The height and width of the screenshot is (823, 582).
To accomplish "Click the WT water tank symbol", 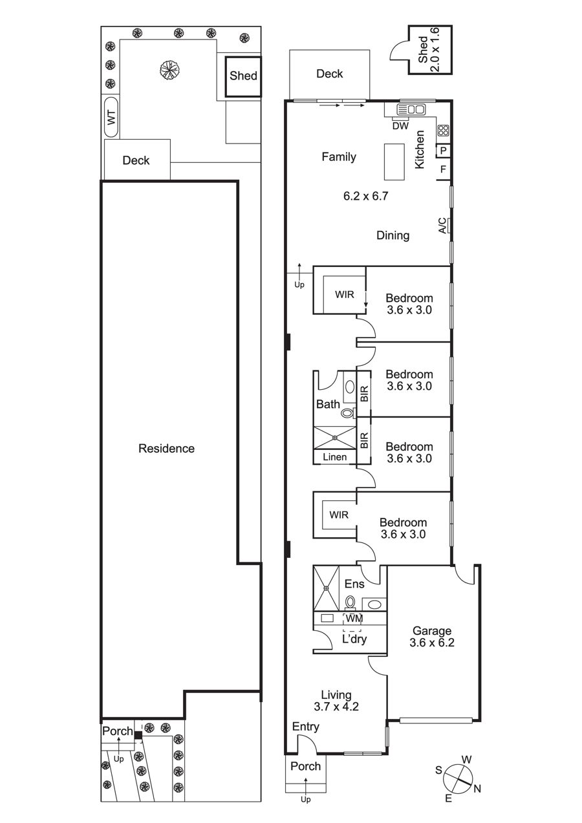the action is tap(111, 117).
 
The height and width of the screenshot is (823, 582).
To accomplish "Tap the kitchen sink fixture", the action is tap(411, 109).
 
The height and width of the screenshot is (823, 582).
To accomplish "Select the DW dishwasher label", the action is tap(400, 126).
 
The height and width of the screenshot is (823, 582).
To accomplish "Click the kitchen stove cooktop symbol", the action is tap(443, 130).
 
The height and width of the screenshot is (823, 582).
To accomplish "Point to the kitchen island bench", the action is tap(394, 162).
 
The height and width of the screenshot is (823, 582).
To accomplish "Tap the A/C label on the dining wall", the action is tap(443, 226).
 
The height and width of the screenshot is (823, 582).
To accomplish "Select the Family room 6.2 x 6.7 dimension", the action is tap(365, 196).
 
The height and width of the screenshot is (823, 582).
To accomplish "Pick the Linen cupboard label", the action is tap(335, 457).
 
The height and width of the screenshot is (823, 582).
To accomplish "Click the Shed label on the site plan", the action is tap(243, 76).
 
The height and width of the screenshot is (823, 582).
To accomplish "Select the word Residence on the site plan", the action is tap(166, 448).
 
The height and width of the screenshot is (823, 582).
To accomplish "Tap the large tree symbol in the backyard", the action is tap(169, 69).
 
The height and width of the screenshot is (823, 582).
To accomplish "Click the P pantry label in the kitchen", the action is tap(443, 151).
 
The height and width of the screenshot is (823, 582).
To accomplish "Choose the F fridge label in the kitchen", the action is tap(443, 169).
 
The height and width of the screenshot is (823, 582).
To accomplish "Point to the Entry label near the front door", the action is tap(306, 727).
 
